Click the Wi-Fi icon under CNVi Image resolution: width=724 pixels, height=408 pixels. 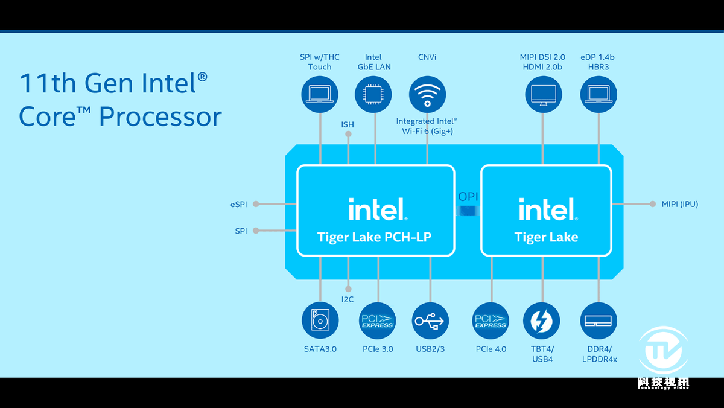pyautogui.click(x=427, y=94)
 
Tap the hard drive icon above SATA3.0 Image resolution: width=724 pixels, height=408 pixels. pyautogui.click(x=320, y=320)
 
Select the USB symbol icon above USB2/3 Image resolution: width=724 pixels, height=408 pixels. pyautogui.click(x=430, y=320)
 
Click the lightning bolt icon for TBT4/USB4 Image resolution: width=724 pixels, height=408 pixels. pyautogui.click(x=541, y=321)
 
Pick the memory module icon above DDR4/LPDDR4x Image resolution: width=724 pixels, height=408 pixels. pyautogui.click(x=599, y=320)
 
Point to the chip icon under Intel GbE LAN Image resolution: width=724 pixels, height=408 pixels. pyautogui.click(x=373, y=94)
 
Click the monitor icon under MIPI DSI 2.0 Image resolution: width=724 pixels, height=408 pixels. pyautogui.click(x=544, y=94)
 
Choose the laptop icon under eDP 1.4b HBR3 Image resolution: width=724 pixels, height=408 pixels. pyautogui.click(x=599, y=94)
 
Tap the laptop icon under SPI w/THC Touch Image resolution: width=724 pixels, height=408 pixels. pyautogui.click(x=320, y=94)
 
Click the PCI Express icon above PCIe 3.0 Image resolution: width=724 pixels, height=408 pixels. pyautogui.click(x=377, y=320)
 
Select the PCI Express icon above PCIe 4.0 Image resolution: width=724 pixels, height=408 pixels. pyautogui.click(x=491, y=320)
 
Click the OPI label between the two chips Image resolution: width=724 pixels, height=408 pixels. pyautogui.click(x=468, y=197)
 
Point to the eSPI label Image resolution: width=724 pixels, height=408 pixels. pyautogui.click(x=239, y=205)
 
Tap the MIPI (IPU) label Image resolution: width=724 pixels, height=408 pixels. pyautogui.click(x=680, y=204)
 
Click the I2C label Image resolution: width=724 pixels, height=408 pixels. pyautogui.click(x=348, y=299)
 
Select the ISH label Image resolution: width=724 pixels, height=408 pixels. pyautogui.click(x=348, y=124)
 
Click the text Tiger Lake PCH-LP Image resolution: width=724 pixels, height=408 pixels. pyautogui.click(x=375, y=237)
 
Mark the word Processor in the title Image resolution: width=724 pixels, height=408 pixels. pyautogui.click(x=160, y=116)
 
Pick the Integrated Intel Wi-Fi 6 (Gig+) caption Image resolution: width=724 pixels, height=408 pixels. pyautogui.click(x=427, y=126)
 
